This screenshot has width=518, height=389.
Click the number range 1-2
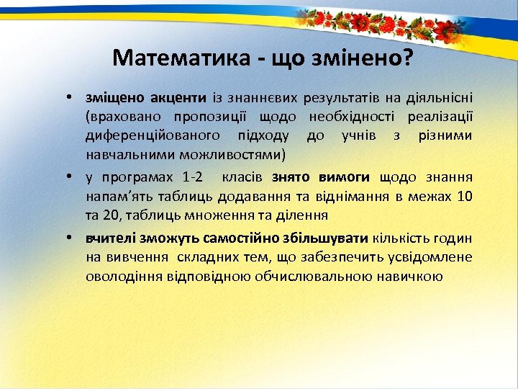pos(192,176)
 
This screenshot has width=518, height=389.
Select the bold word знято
pos(291,176)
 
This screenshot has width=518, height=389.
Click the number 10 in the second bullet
pos(465,195)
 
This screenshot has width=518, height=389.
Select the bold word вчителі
pos(108,238)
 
